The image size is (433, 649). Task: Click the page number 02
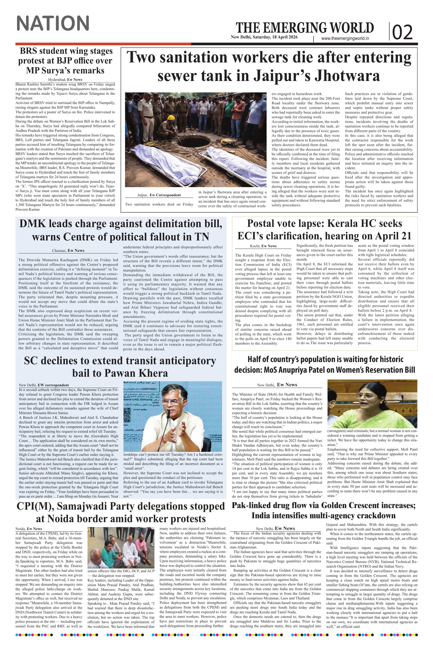click(402, 32)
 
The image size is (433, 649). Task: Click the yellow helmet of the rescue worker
click(172, 118)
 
